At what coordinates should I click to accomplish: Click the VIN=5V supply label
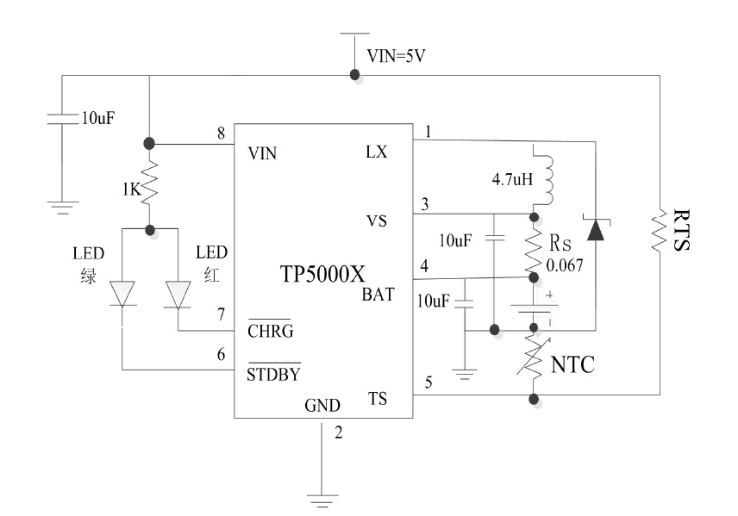pos(397,57)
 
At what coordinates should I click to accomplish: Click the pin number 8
pos(222,132)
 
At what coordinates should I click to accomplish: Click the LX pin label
pos(376,152)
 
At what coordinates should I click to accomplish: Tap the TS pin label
pos(377,400)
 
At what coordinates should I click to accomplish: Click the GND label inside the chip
pos(322,405)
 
